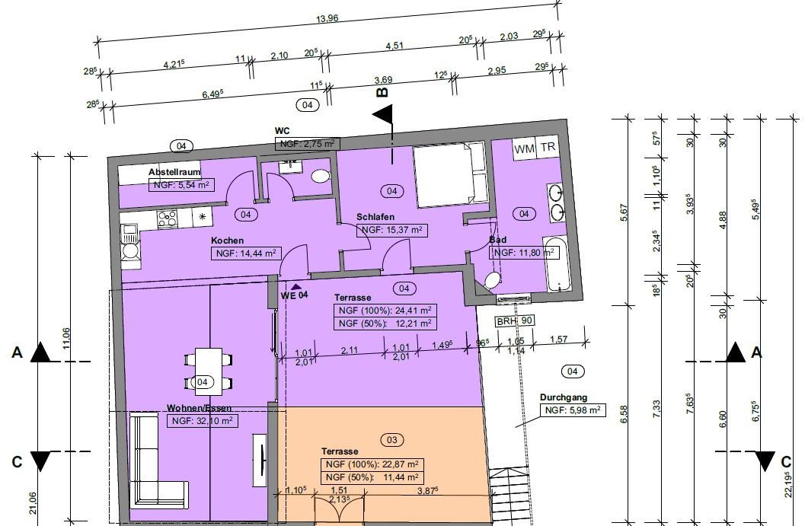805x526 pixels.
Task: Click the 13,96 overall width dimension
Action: pyautogui.click(x=327, y=18)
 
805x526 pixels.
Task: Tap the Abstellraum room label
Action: pyautogui.click(x=174, y=172)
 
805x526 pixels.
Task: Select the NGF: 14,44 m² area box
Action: pyautogui.click(x=246, y=253)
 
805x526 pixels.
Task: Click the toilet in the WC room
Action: pyautogui.click(x=321, y=176)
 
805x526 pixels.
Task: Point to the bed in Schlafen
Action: pyautogui.click(x=450, y=175)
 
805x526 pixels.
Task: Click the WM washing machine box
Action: pyautogui.click(x=524, y=149)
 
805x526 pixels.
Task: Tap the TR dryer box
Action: pyautogui.click(x=548, y=147)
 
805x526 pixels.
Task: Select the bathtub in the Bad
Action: pyautogui.click(x=557, y=264)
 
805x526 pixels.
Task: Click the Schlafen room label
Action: pyautogui.click(x=375, y=217)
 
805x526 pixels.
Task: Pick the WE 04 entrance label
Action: pyautogui.click(x=294, y=295)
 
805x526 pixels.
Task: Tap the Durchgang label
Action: pyautogui.click(x=563, y=397)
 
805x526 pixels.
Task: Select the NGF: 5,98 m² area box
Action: pyautogui.click(x=573, y=410)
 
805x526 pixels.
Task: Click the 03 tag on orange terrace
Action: pyautogui.click(x=391, y=440)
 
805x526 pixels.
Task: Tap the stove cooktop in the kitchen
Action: pyautogui.click(x=167, y=218)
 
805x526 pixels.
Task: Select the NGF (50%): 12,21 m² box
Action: pyautogui.click(x=385, y=324)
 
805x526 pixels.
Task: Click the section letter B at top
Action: pyautogui.click(x=382, y=92)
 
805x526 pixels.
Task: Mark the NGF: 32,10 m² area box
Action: pyautogui.click(x=203, y=421)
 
